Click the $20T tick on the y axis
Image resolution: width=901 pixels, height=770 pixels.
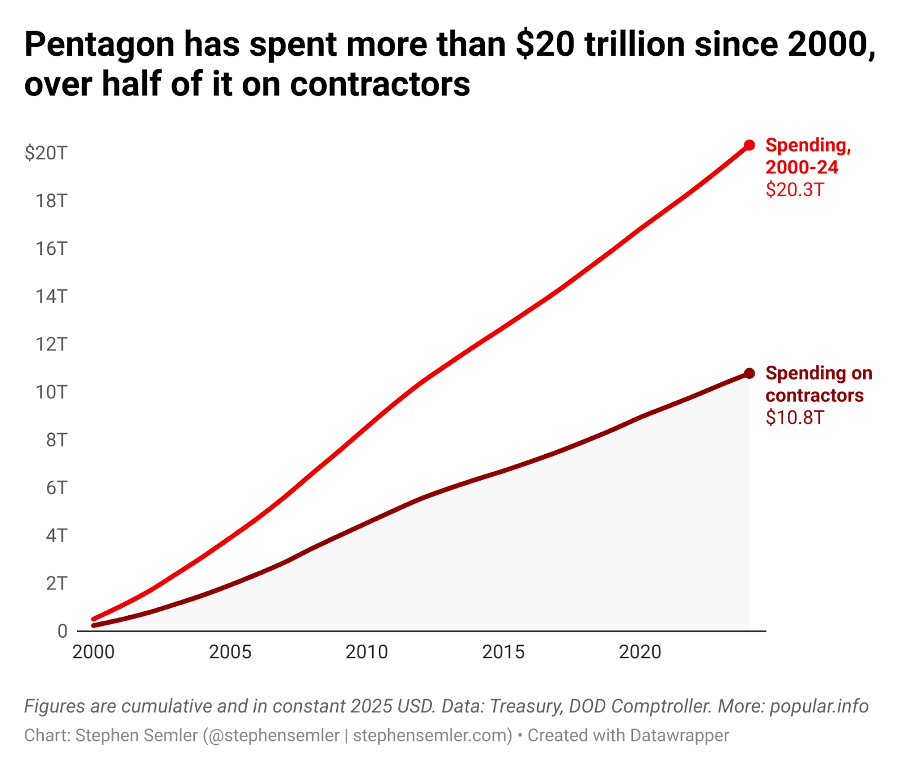(46, 153)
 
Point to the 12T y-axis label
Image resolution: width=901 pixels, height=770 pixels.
(51, 344)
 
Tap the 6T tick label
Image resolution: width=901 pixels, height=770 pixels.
(56, 487)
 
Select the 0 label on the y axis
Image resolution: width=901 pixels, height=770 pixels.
(62, 631)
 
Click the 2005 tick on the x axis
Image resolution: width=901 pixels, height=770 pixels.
(230, 652)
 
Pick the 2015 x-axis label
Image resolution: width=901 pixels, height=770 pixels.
(503, 652)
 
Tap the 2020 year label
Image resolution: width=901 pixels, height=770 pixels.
(640, 652)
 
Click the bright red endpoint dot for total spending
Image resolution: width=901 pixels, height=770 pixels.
(749, 145)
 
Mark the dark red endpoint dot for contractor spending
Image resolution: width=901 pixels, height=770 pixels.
(749, 373)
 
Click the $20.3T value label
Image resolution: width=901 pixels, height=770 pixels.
(795, 190)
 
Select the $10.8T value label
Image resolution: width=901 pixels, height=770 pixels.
(795, 418)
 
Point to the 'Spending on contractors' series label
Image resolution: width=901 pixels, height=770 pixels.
(818, 384)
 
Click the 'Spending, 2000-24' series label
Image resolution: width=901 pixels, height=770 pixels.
(807, 156)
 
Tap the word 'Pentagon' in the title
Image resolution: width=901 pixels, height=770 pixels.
(100, 45)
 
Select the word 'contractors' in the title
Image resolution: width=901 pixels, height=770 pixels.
(380, 84)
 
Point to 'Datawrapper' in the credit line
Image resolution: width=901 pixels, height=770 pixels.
(679, 735)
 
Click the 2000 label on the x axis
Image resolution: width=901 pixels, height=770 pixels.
(93, 652)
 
